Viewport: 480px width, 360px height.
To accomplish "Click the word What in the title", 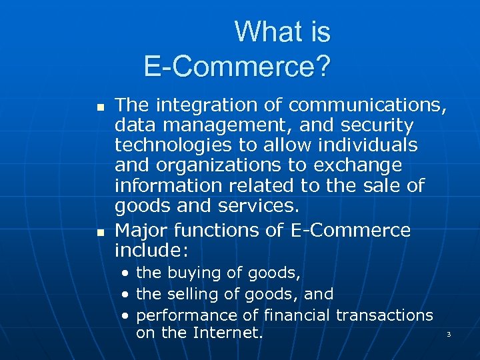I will click(x=261, y=32).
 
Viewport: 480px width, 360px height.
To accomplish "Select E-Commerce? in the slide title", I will click(x=237, y=67).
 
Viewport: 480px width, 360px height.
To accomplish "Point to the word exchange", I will click(x=360, y=165).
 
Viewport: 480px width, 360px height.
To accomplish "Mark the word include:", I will click(x=152, y=251).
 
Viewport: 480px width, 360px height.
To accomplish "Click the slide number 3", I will click(x=449, y=333).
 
